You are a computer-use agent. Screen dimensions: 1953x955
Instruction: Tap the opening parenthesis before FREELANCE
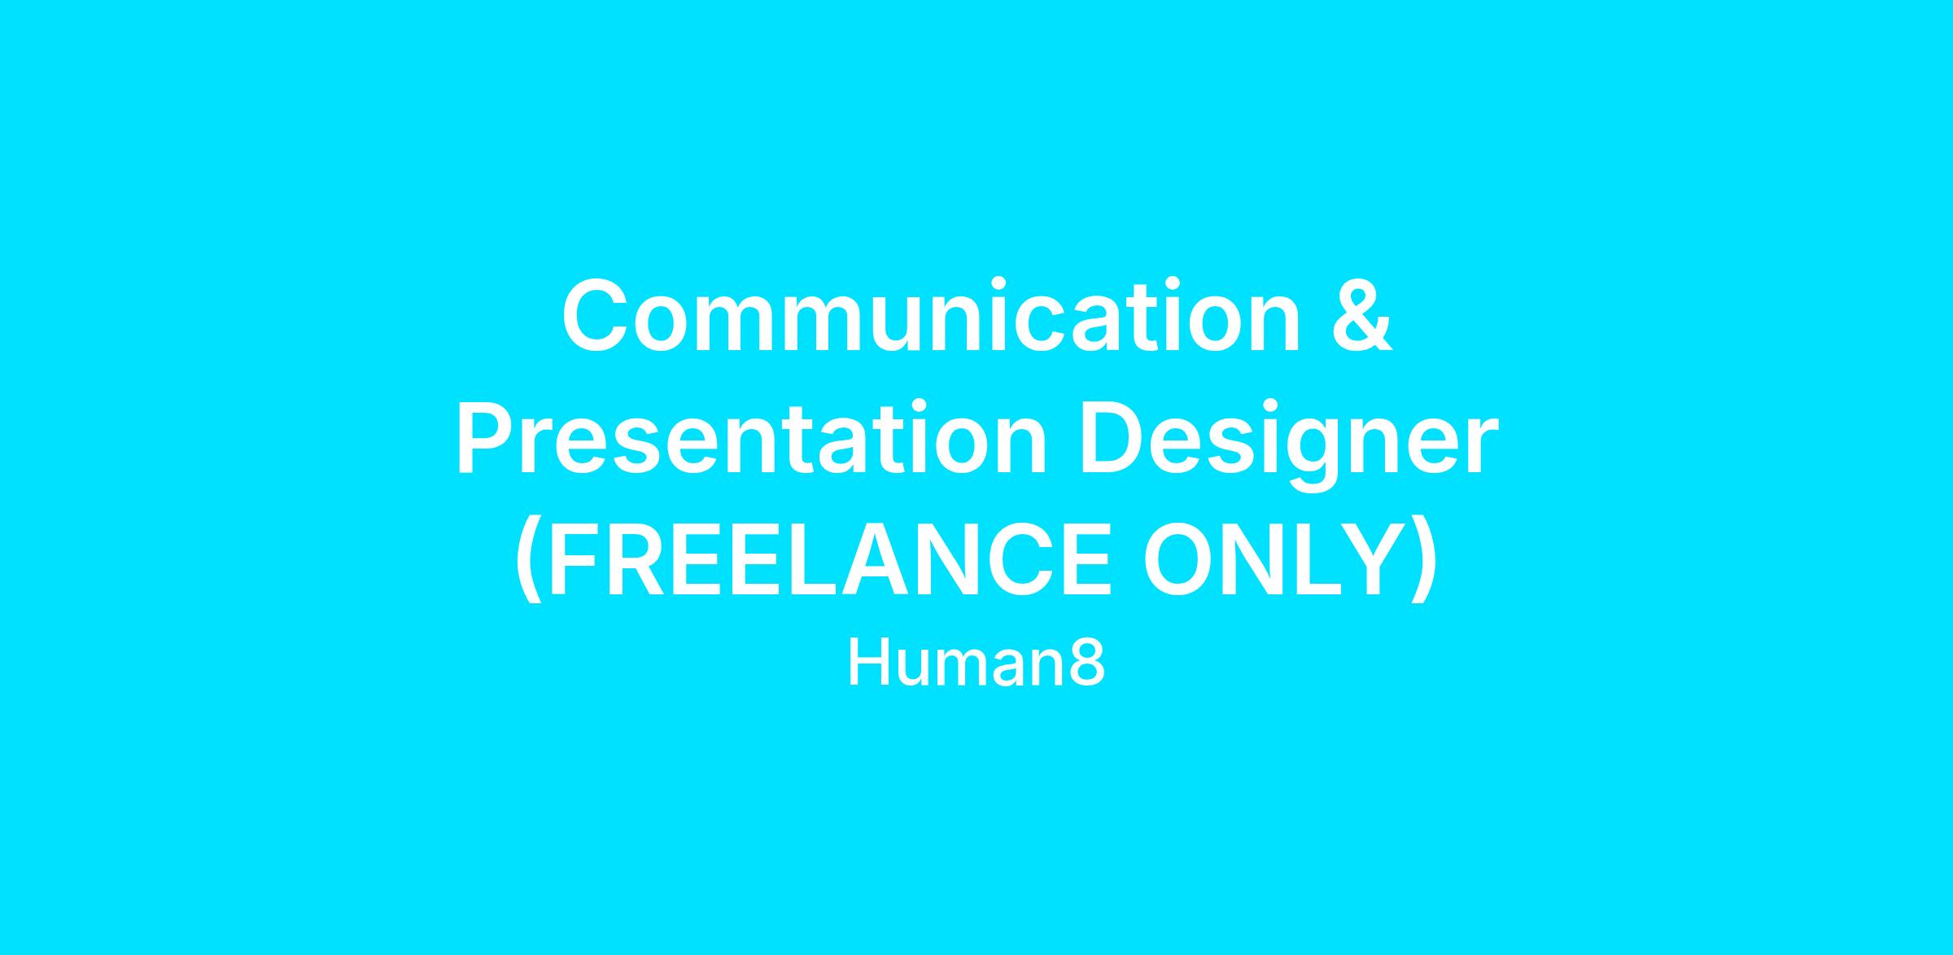[529, 559]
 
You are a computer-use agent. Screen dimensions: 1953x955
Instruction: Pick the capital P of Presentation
[486, 437]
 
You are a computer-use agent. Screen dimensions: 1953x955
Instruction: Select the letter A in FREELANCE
[876, 559]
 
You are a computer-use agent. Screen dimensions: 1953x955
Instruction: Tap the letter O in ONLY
[1178, 559]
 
